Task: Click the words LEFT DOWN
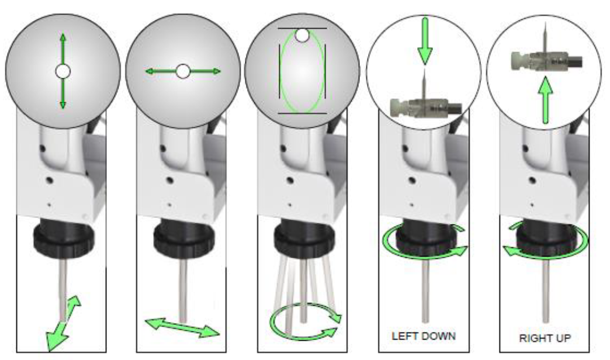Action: (424, 336)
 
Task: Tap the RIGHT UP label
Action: (545, 338)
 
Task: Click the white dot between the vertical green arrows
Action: (63, 72)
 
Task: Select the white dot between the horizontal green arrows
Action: (183, 71)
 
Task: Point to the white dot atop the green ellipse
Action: (302, 36)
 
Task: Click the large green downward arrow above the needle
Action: (425, 40)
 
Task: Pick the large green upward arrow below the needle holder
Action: (546, 101)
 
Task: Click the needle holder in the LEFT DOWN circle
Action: (425, 106)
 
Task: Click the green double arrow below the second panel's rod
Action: (182, 327)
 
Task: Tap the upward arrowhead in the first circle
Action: (63, 37)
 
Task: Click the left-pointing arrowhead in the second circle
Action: (150, 71)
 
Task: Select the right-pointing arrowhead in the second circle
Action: (216, 71)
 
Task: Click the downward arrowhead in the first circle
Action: (63, 105)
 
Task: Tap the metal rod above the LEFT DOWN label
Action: (425, 291)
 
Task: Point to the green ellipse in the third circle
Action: (281, 71)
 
